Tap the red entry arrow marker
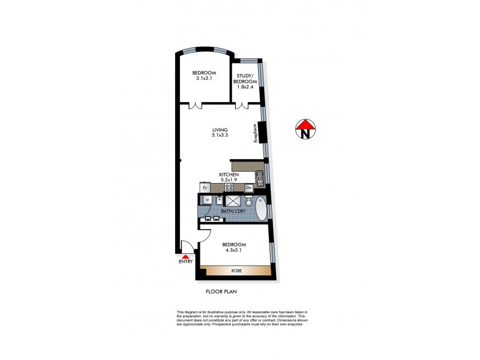click(x=185, y=256)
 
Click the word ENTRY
click(x=185, y=262)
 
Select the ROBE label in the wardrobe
click(x=236, y=271)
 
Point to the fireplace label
click(x=255, y=133)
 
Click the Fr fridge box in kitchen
click(x=205, y=188)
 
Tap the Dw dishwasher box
click(x=248, y=188)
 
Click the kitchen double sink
click(x=260, y=176)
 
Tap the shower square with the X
click(x=233, y=202)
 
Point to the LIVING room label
click(x=220, y=130)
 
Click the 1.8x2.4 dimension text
click(x=245, y=88)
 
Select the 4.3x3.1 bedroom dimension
click(x=234, y=251)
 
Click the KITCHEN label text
click(x=229, y=174)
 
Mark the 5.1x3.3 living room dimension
click(x=221, y=136)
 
